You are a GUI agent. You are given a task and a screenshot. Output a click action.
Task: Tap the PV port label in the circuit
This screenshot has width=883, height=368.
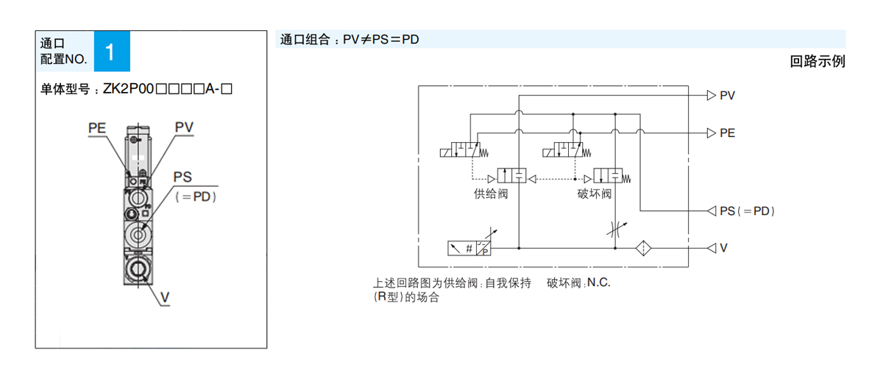coord(727,95)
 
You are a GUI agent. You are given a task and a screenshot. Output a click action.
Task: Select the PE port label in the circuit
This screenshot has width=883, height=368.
coord(727,133)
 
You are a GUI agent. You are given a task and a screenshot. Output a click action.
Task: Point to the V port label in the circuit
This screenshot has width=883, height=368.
coord(724,248)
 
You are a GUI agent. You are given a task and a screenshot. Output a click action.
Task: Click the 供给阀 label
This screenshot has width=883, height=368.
coord(492,194)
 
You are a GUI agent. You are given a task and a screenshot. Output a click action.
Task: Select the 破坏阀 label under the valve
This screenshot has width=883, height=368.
coord(595,194)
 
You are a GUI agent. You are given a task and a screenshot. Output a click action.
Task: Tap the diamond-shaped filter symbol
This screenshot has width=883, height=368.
coord(645,248)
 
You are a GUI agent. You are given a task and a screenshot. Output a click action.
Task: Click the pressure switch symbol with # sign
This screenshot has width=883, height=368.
coord(469,248)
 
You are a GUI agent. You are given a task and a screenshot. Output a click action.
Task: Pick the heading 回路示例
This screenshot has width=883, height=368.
coord(817,62)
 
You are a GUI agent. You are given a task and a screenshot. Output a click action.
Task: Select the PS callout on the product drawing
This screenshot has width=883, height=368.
coord(182,177)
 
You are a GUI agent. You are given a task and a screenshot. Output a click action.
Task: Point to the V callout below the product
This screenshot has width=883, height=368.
coord(165,297)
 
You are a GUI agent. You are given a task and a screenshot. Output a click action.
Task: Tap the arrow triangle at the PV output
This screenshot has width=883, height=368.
coord(711,95)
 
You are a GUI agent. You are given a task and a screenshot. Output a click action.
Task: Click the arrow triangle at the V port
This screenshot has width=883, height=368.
coord(711,248)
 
